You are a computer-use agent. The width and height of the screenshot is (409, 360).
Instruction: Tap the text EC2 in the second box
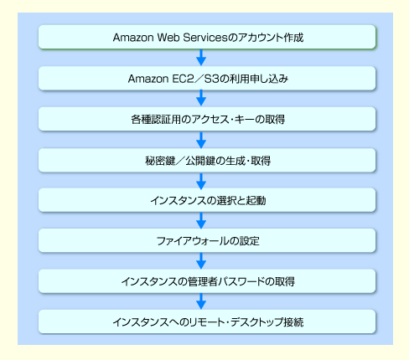(x=183, y=79)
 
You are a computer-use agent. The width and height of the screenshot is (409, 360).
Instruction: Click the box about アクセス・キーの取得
(x=207, y=119)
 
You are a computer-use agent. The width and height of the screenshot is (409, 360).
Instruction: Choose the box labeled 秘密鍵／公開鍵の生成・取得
(x=207, y=160)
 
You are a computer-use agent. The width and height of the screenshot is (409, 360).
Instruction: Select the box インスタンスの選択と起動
(x=207, y=200)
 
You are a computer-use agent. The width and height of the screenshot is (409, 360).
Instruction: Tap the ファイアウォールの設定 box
(x=207, y=240)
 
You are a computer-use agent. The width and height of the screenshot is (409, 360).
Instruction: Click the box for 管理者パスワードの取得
(x=207, y=281)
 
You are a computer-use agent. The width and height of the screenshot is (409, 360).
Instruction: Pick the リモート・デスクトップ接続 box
(x=207, y=321)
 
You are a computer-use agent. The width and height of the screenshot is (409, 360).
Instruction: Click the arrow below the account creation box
(x=201, y=58)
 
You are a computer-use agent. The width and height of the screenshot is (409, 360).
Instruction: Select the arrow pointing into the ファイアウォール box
(x=201, y=220)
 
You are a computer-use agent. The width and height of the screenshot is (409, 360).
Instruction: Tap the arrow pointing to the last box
(x=201, y=301)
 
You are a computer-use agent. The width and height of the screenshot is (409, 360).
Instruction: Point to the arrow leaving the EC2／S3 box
(x=201, y=98)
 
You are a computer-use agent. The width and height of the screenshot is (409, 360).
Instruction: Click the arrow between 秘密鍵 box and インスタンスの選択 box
(x=201, y=181)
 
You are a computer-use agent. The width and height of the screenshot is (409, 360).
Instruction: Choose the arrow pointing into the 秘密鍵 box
(x=201, y=140)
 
